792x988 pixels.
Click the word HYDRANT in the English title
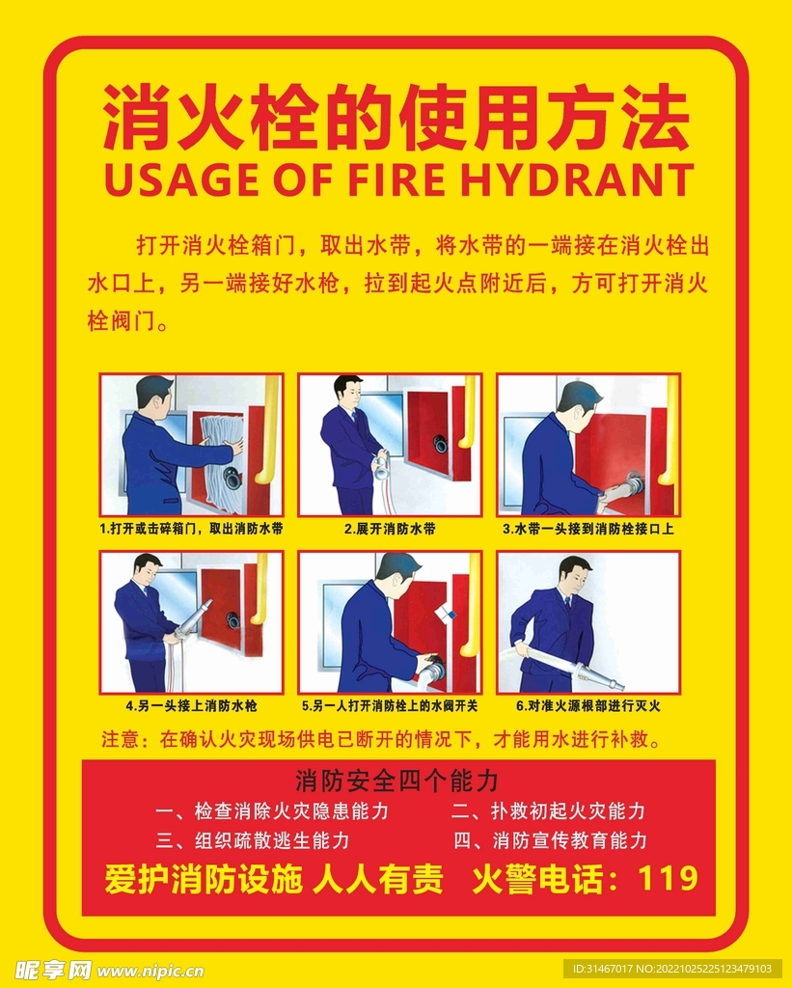click(x=577, y=179)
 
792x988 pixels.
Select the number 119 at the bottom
click(x=668, y=878)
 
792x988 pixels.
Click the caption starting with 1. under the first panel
click(x=191, y=529)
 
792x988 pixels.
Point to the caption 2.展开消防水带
click(x=390, y=529)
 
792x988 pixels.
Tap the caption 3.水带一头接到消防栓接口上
click(x=587, y=529)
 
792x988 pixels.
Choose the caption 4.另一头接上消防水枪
click(x=191, y=705)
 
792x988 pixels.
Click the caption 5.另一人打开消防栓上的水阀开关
click(x=390, y=705)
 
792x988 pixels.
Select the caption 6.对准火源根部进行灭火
click(x=587, y=705)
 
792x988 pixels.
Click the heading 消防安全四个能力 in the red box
click(x=396, y=781)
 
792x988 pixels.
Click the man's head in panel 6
click(x=575, y=574)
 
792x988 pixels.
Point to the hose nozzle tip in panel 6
click(x=618, y=685)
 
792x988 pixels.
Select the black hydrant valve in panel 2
click(x=439, y=445)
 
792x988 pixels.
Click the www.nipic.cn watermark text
click(x=150, y=971)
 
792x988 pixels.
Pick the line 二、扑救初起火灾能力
click(x=549, y=811)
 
